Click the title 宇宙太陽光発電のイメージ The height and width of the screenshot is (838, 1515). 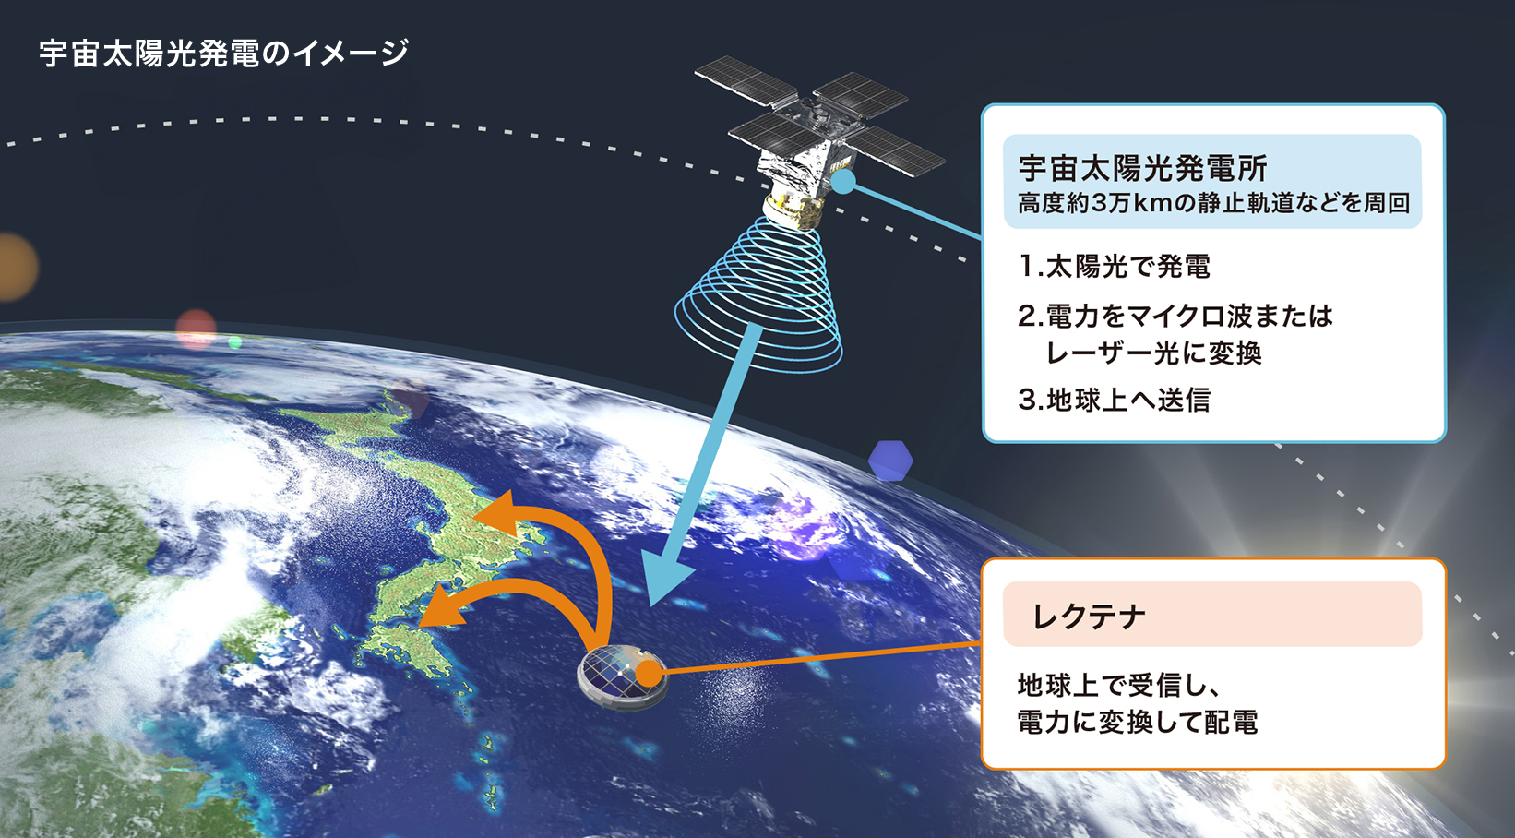tap(223, 53)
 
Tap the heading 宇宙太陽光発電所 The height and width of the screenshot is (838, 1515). tap(1142, 168)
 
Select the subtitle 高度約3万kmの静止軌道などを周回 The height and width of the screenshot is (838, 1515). tap(1213, 203)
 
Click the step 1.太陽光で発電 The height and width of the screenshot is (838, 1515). tap(1115, 267)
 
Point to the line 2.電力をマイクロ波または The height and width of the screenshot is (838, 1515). tap(1175, 317)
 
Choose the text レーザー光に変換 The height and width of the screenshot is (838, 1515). tap(1153, 353)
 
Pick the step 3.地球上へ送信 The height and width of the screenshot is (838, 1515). tap(1115, 400)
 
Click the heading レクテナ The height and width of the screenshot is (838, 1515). tap(1089, 616)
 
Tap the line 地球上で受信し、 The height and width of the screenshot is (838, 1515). tap(1119, 685)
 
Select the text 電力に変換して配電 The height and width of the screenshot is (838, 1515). tap(1138, 722)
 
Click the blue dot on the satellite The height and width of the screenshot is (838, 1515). tap(843, 182)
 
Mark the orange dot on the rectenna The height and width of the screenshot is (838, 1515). tap(650, 673)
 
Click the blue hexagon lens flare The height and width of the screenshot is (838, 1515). tap(890, 460)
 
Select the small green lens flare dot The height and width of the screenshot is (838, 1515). tap(235, 343)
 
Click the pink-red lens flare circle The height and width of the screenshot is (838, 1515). tap(196, 329)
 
